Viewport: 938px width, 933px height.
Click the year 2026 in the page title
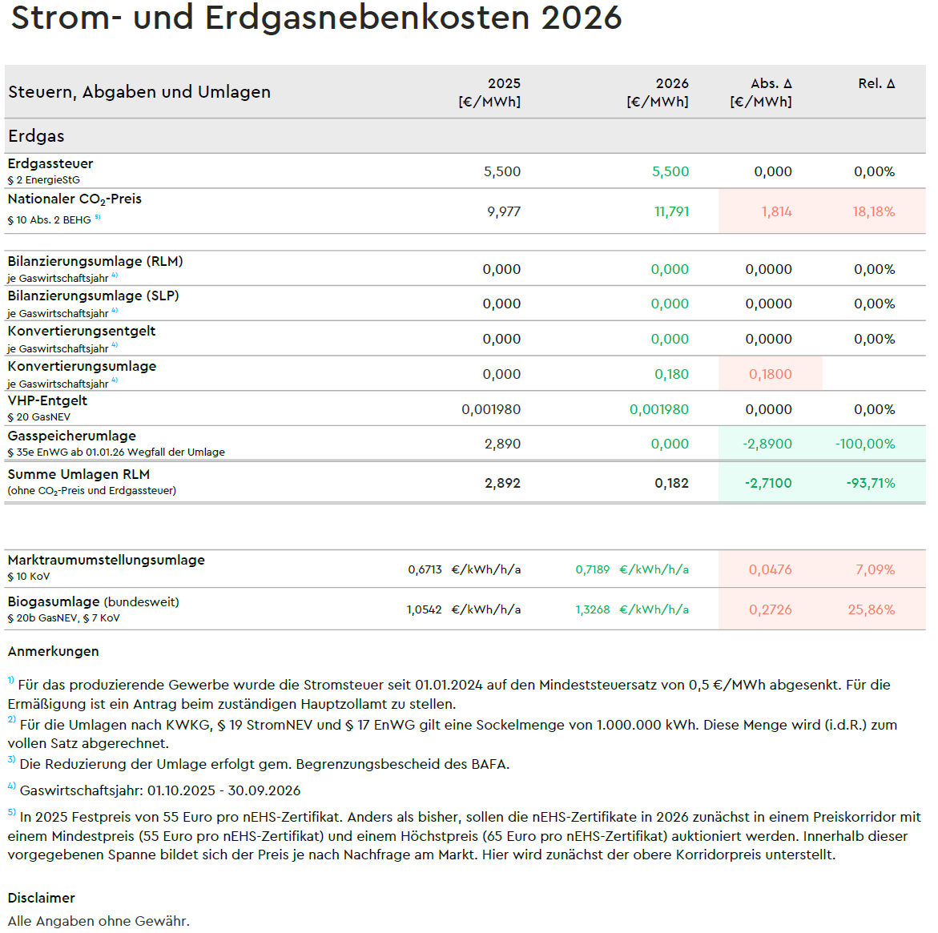click(x=581, y=18)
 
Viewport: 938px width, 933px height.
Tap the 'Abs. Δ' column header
click(x=771, y=83)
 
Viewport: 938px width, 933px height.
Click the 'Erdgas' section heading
click(x=36, y=136)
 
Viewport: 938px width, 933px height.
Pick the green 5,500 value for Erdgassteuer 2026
click(x=670, y=171)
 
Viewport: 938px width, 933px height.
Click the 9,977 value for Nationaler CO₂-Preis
click(x=503, y=211)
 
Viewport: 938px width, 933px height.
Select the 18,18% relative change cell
click(x=873, y=211)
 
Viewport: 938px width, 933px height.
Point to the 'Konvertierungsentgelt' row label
click(x=82, y=331)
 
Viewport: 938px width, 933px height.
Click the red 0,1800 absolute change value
click(x=770, y=374)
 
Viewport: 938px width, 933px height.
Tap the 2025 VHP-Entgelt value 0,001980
click(x=490, y=409)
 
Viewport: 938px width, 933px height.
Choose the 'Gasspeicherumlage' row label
click(x=72, y=436)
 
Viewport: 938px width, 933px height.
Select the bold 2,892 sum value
click(x=502, y=483)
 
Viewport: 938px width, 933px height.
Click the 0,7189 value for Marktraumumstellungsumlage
click(x=592, y=569)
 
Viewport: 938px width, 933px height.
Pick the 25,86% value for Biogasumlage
click(x=871, y=609)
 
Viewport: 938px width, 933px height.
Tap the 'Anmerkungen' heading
click(x=54, y=651)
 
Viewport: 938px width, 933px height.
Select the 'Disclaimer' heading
click(x=42, y=898)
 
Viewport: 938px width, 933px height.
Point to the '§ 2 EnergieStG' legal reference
click(x=44, y=180)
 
